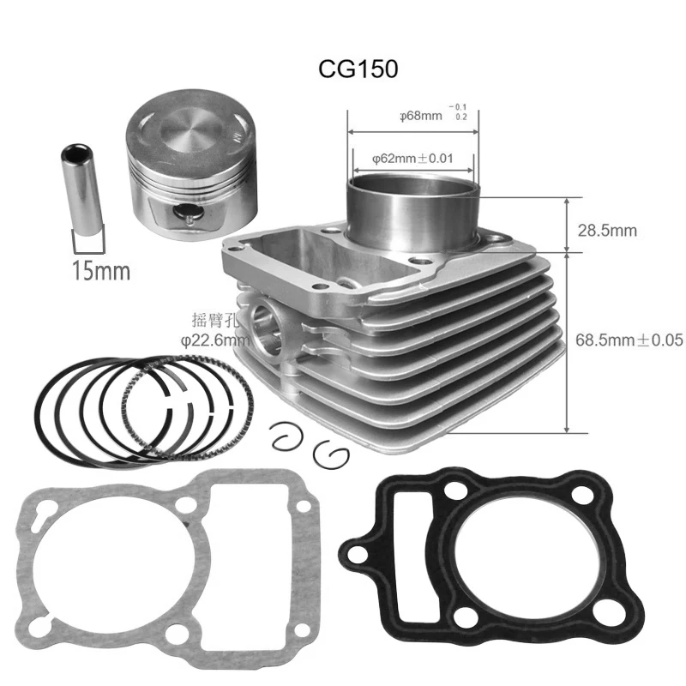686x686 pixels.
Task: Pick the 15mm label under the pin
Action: tap(101, 273)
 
